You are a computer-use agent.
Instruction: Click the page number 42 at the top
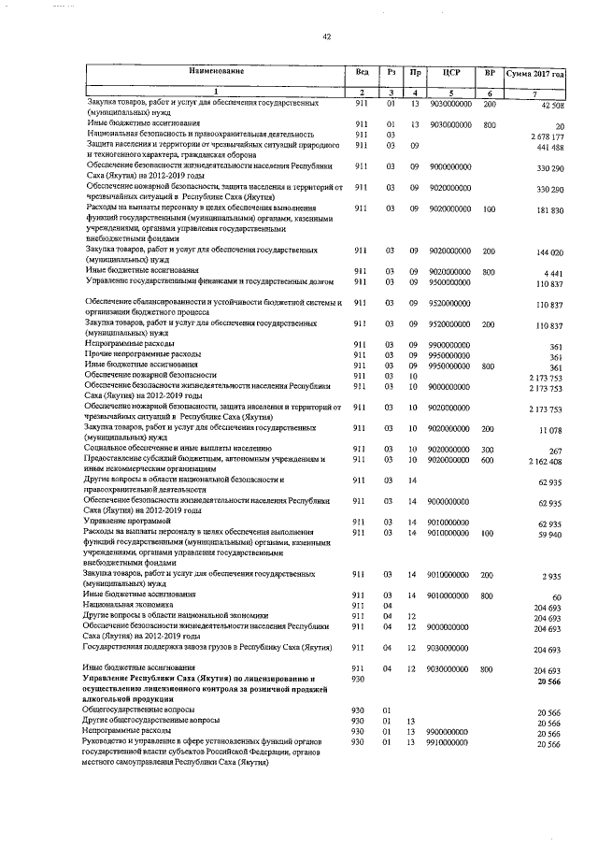point(327,36)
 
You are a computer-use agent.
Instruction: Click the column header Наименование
point(215,72)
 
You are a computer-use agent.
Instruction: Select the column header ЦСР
point(452,72)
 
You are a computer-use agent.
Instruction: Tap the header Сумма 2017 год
point(535,73)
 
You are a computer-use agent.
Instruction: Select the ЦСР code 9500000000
point(451,280)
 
